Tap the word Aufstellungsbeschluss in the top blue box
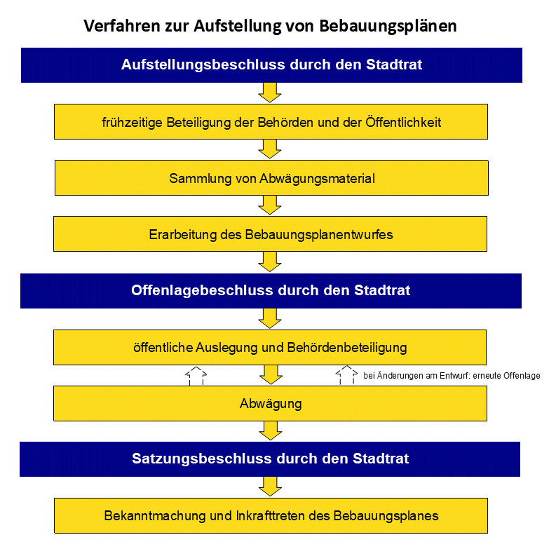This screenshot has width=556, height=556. click(191, 65)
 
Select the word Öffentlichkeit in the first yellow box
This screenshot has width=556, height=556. click(403, 123)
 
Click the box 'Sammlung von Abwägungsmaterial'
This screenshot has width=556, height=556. click(271, 178)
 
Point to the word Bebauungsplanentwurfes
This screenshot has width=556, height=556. click(319, 234)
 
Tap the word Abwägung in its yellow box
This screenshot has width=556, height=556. click(271, 404)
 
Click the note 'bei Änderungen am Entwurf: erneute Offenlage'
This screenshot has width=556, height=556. click(452, 376)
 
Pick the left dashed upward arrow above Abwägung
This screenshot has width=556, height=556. click(196, 375)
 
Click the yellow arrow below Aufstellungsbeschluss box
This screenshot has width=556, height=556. click(270, 93)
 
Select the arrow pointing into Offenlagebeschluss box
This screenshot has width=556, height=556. click(270, 262)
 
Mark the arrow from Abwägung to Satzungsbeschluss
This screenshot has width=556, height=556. click(270, 430)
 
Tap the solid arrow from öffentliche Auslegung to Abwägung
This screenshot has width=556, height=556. click(270, 374)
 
